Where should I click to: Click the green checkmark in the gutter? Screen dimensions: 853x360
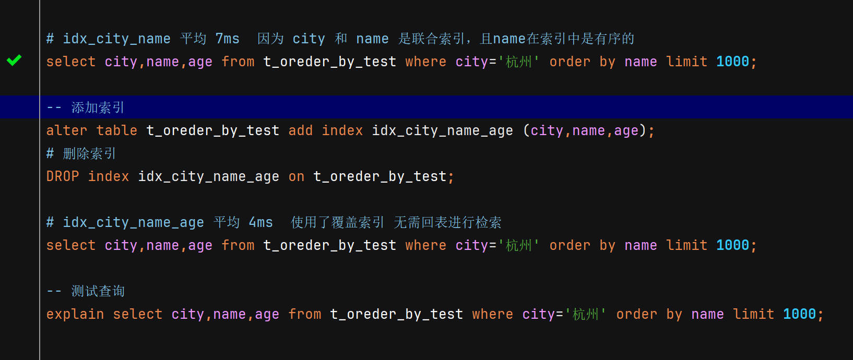14,61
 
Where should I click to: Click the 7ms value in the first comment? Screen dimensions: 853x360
227,39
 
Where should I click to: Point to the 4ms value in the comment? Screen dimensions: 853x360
260,222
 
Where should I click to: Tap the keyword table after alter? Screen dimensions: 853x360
116,130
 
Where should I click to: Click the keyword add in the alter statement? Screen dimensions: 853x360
300,130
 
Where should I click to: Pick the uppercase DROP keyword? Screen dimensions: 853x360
63,176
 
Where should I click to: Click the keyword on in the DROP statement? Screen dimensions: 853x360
296,176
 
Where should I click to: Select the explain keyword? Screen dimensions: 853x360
75,314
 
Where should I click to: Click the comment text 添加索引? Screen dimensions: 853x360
98,107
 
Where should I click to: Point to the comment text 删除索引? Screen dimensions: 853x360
89,153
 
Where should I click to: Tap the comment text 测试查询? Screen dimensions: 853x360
98,291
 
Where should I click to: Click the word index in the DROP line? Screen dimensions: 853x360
108,176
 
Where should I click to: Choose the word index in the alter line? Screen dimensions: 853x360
342,130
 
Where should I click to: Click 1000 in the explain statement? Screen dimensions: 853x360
799,314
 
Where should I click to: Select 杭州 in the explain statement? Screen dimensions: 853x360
585,314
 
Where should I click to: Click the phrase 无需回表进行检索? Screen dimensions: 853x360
447,222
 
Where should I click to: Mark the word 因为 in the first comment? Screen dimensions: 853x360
270,39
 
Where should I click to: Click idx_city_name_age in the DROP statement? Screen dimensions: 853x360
208,176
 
